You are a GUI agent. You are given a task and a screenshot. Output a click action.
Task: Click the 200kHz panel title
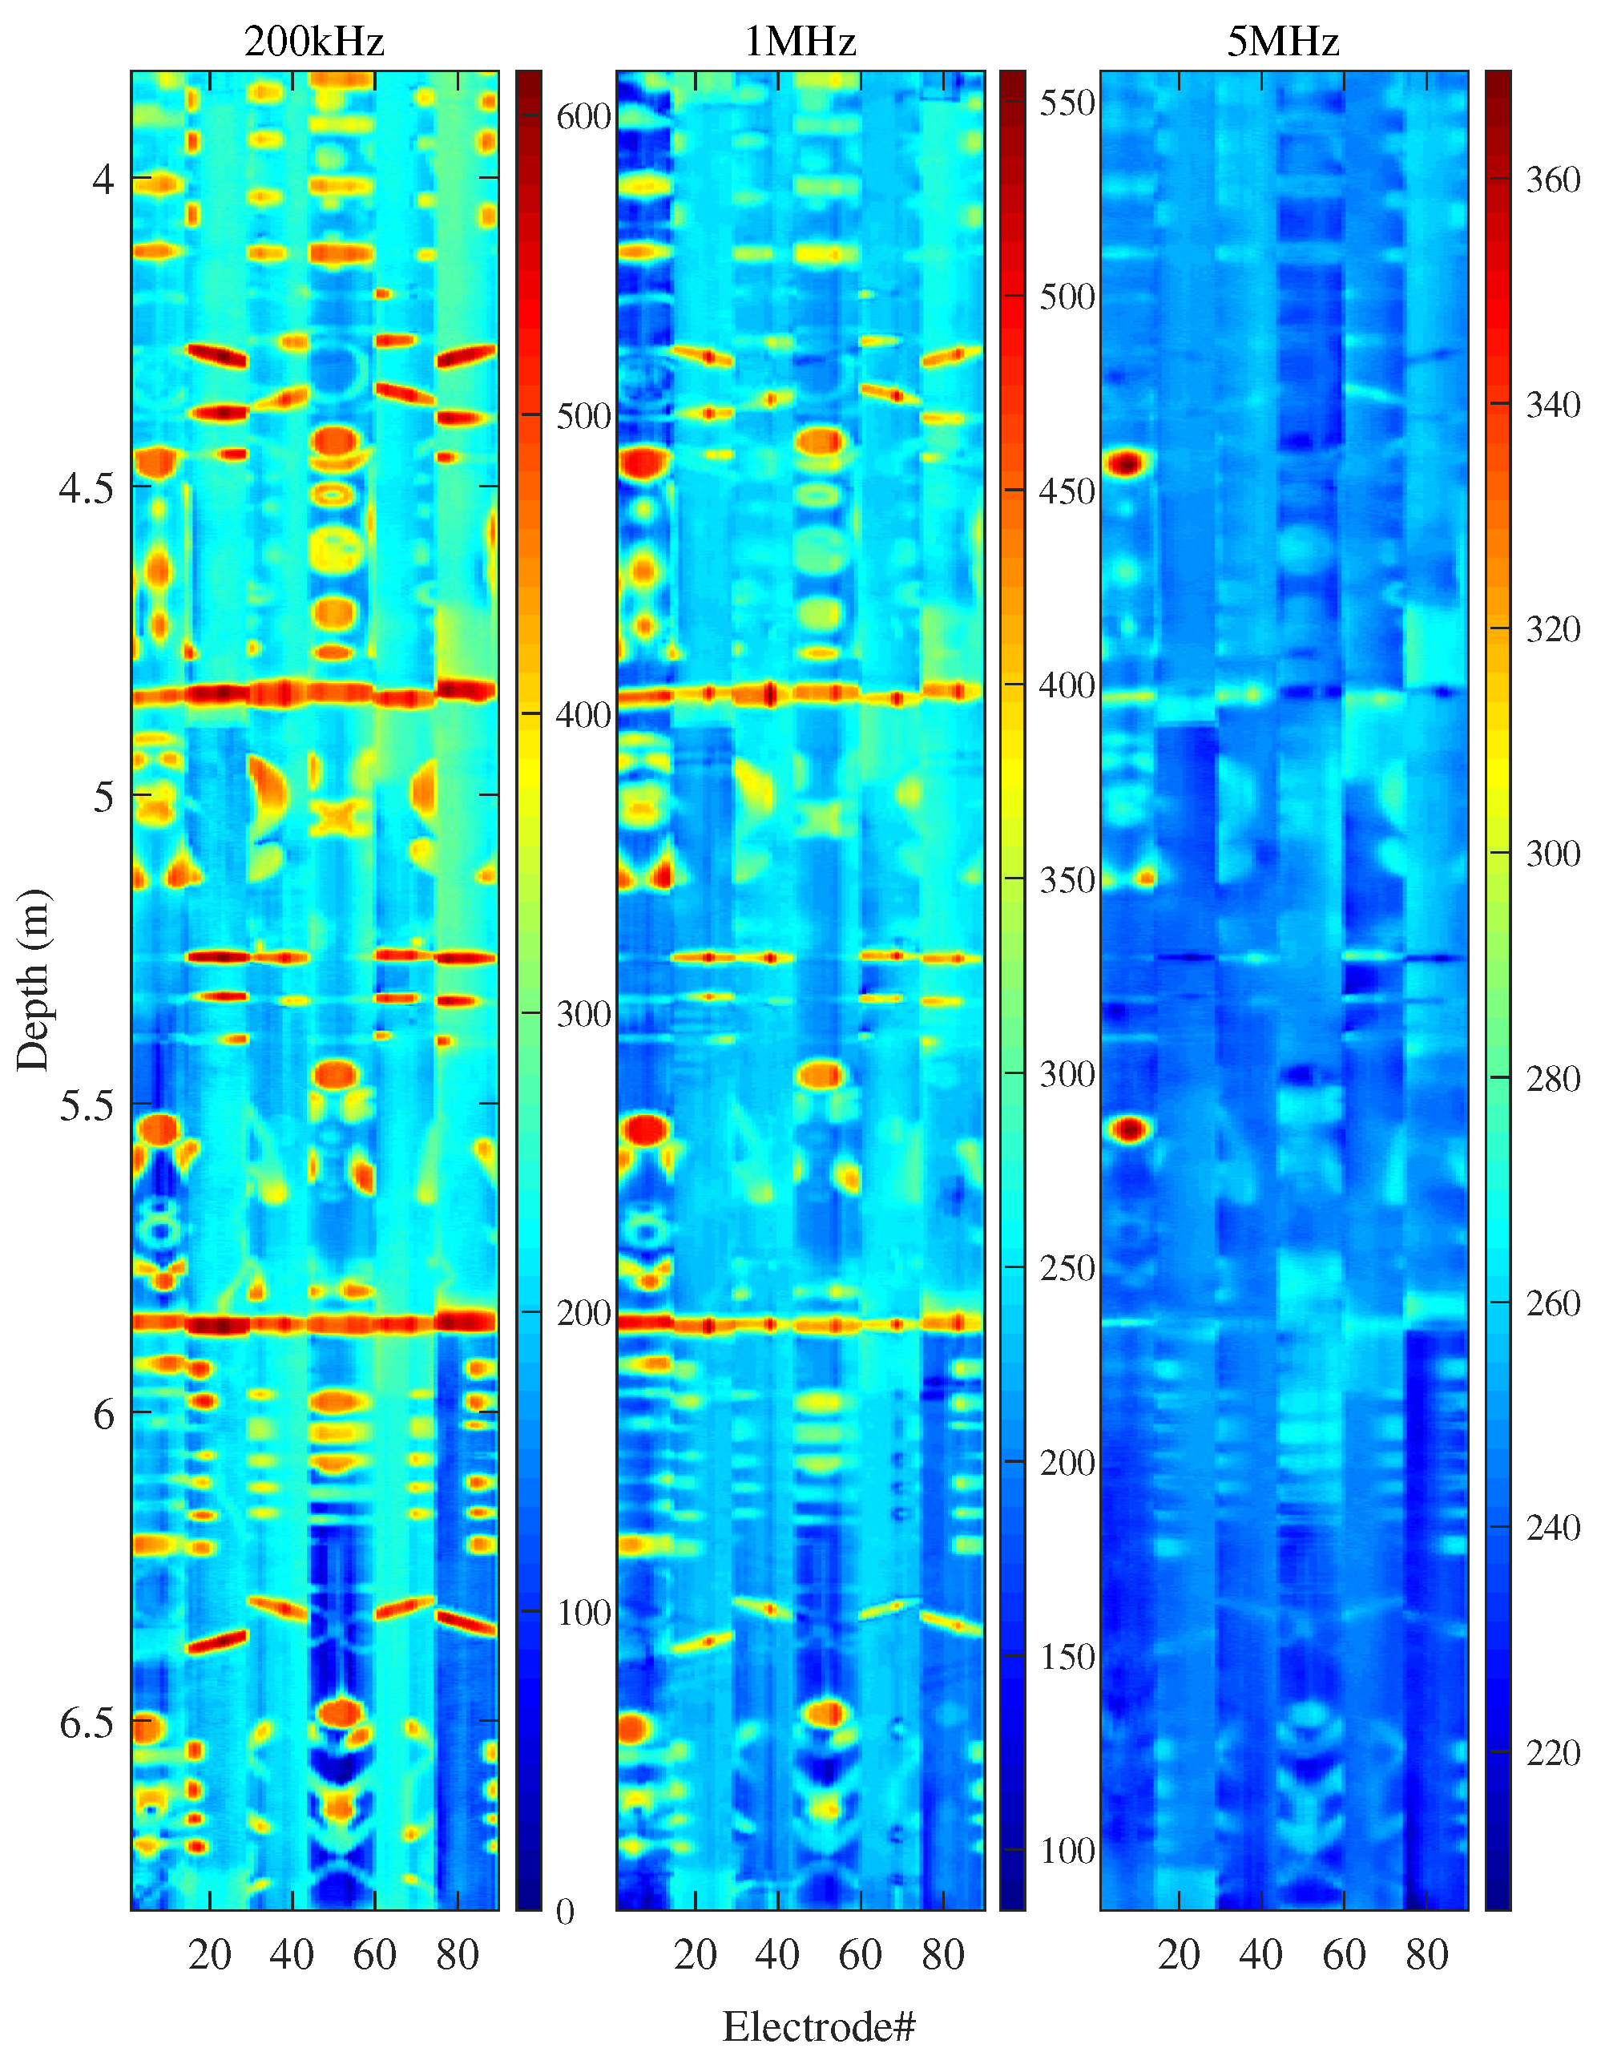click(x=314, y=42)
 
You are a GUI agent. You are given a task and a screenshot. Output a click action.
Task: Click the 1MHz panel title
click(x=800, y=42)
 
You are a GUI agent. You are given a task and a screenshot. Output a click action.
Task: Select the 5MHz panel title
click(x=1282, y=42)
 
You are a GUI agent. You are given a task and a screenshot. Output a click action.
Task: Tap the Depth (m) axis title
click(x=33, y=979)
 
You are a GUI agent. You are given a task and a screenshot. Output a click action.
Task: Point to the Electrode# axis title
click(x=818, y=2026)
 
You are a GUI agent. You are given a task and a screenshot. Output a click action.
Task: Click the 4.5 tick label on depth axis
click(x=86, y=487)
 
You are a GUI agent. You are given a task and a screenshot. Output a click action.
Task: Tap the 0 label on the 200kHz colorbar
click(x=565, y=1911)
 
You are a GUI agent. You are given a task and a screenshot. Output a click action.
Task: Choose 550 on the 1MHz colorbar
click(x=1067, y=103)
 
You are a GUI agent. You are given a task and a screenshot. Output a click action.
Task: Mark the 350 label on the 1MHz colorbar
click(x=1067, y=880)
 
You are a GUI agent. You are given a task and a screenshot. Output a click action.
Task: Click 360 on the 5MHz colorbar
click(x=1553, y=180)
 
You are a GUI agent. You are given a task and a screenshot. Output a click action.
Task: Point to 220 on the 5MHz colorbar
click(x=1553, y=1752)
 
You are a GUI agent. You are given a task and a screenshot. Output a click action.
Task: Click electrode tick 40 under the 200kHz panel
click(x=291, y=1954)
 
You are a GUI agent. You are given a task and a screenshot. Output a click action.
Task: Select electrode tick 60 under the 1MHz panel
click(x=861, y=1954)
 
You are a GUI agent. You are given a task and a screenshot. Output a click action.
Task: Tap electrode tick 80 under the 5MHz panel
click(x=1427, y=1954)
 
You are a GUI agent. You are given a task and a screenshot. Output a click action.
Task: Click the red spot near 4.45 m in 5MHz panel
click(x=1127, y=463)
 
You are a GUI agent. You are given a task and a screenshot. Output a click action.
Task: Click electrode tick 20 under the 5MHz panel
click(x=1179, y=1954)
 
